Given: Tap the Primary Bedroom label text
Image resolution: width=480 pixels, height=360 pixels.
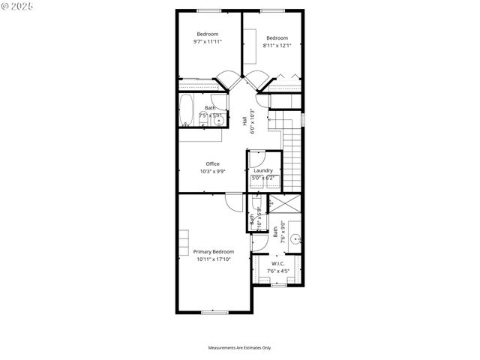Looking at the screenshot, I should pos(214,251).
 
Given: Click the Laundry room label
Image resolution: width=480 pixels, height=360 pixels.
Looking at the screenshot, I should pos(262,170).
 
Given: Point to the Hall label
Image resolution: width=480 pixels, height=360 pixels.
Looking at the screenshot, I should pos(245,121).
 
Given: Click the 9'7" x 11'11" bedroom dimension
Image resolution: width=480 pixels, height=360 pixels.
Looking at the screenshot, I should pos(208,43).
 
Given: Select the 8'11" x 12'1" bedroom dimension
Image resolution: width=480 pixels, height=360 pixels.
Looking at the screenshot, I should pos(277,46).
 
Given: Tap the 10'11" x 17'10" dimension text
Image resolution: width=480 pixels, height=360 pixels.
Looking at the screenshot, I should pos(214,259).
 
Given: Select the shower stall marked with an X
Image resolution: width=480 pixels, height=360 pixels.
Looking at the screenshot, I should pos(285,203).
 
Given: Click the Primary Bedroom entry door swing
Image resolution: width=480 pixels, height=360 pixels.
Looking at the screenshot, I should pos(233,200).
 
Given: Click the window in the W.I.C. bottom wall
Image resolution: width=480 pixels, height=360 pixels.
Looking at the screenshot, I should pos(277,285).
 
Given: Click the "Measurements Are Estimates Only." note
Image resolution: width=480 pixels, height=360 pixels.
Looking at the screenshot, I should pos(240,347).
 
